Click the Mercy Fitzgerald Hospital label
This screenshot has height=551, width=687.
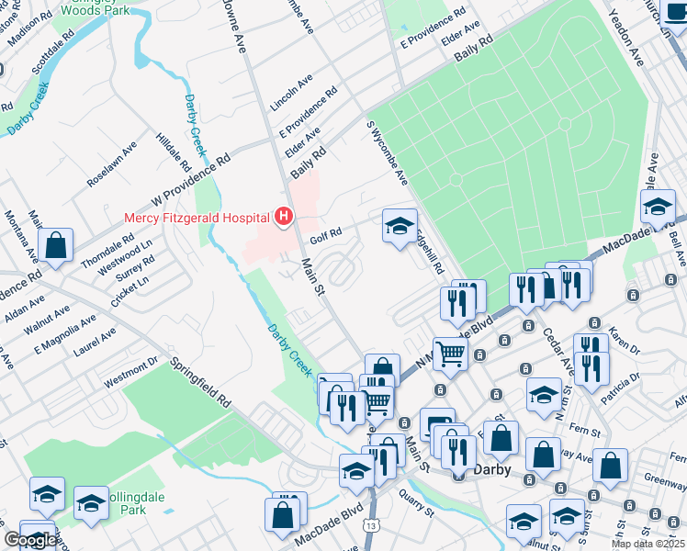coord(197,217)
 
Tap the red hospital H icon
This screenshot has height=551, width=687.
coord(284,217)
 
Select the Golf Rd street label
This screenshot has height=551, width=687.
coord(326,236)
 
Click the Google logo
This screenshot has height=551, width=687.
coord(29,540)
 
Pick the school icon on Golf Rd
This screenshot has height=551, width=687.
coord(400,227)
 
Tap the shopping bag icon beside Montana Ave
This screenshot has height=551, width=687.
coord(56,246)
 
